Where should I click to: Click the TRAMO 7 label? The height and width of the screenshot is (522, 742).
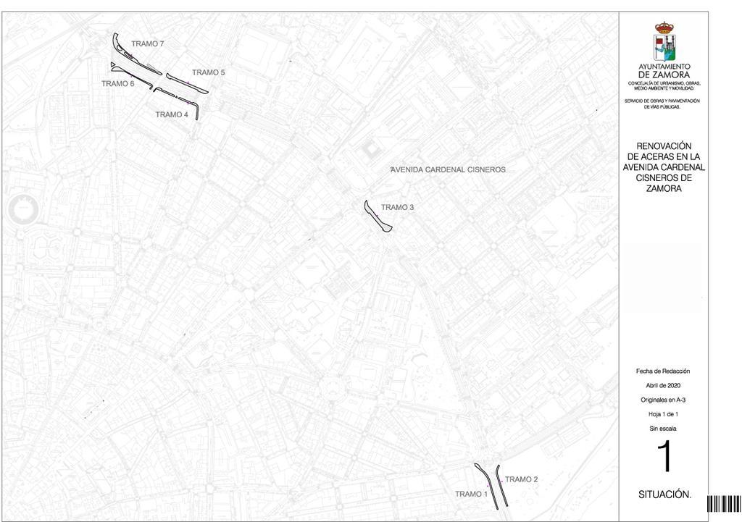click(148, 44)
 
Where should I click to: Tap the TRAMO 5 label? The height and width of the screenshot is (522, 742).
click(209, 72)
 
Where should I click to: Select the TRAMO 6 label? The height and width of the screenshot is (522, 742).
click(118, 84)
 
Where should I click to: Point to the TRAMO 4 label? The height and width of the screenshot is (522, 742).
click(172, 114)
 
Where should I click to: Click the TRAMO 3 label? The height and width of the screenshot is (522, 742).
click(398, 208)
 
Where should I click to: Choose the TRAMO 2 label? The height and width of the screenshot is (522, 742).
click(521, 479)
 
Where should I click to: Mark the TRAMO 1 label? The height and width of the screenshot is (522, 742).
click(471, 494)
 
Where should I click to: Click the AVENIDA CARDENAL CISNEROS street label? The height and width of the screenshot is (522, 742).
click(448, 169)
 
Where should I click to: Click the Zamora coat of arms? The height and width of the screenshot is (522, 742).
click(664, 42)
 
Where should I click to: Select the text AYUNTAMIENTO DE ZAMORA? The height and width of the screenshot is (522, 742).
click(664, 71)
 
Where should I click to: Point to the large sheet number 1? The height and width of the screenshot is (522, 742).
click(664, 458)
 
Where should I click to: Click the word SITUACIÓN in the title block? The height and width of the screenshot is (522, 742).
click(664, 494)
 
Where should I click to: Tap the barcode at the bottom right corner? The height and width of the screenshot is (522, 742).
click(724, 504)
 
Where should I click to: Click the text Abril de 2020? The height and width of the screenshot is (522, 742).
click(664, 385)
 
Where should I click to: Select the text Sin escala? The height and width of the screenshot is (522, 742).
click(664, 429)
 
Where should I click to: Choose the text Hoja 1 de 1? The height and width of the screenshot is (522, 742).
click(664, 414)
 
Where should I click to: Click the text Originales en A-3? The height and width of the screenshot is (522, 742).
click(664, 400)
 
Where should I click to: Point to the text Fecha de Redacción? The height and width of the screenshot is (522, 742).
click(664, 371)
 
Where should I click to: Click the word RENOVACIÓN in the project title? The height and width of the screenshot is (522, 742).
click(664, 146)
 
